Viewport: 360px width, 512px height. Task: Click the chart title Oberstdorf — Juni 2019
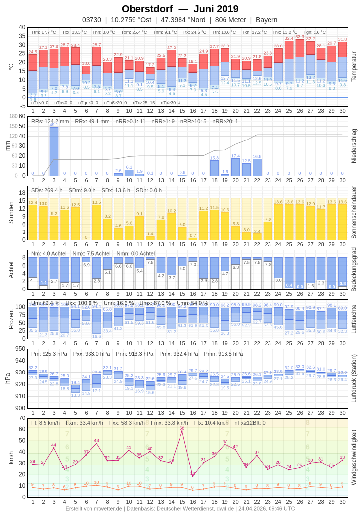coord(180,9)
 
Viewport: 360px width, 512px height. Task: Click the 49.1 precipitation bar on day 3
coord(54,151)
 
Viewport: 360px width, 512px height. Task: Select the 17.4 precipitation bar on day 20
coord(235,167)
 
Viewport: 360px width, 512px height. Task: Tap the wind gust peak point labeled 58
coord(182,431)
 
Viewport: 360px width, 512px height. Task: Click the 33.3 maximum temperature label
coord(300,37)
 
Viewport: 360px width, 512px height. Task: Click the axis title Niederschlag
coord(353,146)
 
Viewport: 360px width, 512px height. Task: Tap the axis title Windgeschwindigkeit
coord(353,457)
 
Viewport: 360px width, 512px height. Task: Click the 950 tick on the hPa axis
coord(20,348)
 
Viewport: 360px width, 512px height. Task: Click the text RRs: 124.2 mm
coord(50,121)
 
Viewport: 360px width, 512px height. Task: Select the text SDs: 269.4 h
coord(47,190)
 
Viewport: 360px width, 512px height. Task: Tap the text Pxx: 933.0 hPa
coord(91,354)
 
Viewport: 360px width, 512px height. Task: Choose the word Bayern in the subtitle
coord(267,20)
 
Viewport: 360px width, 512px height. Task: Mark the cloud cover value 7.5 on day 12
coord(150,262)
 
